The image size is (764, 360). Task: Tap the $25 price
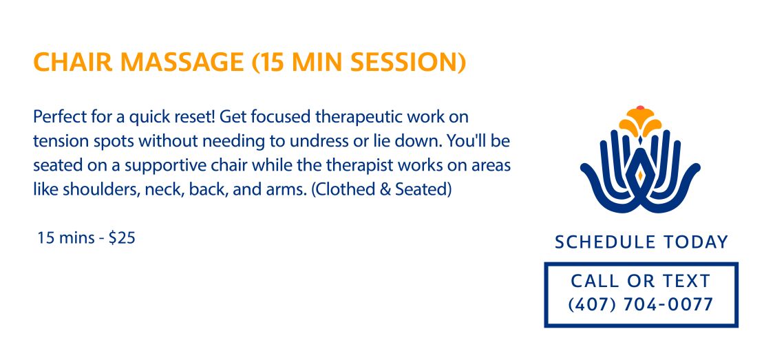point(122,238)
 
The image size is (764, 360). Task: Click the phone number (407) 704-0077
point(641,305)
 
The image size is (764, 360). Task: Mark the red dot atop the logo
point(640,108)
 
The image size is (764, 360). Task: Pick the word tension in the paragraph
point(59,141)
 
